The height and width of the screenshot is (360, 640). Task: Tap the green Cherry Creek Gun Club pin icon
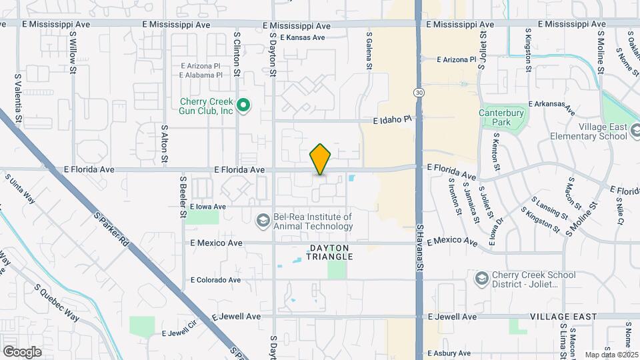(x=244, y=105)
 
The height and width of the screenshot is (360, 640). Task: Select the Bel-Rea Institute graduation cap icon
(x=263, y=219)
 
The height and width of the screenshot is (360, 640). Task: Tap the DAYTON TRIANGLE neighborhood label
(x=329, y=251)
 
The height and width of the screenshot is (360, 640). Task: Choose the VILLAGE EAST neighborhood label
(x=563, y=317)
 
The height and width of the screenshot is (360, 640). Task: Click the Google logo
(x=22, y=351)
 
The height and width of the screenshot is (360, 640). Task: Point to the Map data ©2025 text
(x=612, y=355)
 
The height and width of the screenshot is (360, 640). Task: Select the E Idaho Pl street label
(x=390, y=120)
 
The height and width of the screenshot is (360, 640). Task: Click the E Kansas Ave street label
(x=303, y=37)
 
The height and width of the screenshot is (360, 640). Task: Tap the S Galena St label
(x=369, y=49)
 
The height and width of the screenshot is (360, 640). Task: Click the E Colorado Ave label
(x=215, y=280)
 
